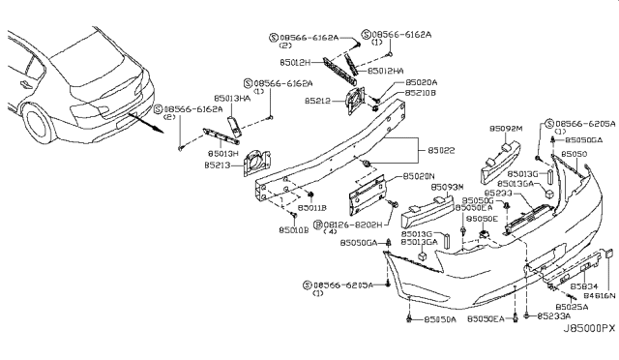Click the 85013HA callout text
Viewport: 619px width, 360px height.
[230, 100]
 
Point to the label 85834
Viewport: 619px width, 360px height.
[583, 286]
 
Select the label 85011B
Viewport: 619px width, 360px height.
[312, 208]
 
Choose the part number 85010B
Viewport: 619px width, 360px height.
[293, 230]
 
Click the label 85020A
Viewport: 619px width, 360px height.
[394, 83]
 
